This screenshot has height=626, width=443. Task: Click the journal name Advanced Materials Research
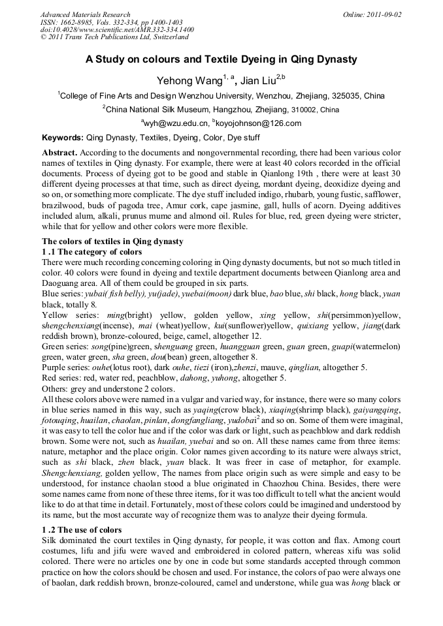point(85,14)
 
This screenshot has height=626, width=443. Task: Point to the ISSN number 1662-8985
point(75,22)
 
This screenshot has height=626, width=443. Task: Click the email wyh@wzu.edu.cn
point(176,123)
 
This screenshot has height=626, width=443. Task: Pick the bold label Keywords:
point(63,138)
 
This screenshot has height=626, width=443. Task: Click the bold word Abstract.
point(59,151)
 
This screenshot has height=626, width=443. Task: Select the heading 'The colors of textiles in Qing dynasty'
point(112,242)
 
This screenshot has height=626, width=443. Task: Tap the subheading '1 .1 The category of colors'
point(91,251)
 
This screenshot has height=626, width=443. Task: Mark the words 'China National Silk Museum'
point(157,109)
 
